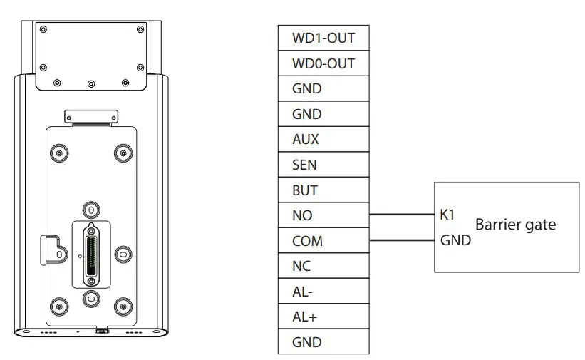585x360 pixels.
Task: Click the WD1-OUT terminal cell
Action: pyautogui.click(x=323, y=38)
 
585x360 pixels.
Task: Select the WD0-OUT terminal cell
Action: pyautogui.click(x=323, y=63)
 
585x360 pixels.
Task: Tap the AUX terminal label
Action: pyautogui.click(x=306, y=140)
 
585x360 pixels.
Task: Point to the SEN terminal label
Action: pyautogui.click(x=305, y=165)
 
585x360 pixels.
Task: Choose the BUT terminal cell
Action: pyautogui.click(x=323, y=190)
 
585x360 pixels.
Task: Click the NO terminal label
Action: pyautogui.click(x=302, y=215)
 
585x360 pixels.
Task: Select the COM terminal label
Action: pyautogui.click(x=307, y=241)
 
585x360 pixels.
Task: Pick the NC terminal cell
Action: pyautogui.click(x=323, y=266)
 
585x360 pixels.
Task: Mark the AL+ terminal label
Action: pyautogui.click(x=305, y=317)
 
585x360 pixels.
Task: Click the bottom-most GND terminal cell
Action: pyautogui.click(x=323, y=342)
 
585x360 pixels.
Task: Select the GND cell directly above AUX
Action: pyautogui.click(x=323, y=114)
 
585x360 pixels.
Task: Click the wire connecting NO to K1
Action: pyautogui.click(x=402, y=214)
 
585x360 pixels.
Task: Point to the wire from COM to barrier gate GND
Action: pyautogui.click(x=402, y=240)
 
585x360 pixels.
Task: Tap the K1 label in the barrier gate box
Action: pyautogui.click(x=447, y=214)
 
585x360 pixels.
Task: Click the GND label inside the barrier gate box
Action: pyautogui.click(x=455, y=240)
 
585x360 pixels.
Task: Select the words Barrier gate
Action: pyautogui.click(x=515, y=225)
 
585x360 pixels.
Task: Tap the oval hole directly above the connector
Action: pyautogui.click(x=91, y=210)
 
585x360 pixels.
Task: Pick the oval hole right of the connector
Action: pyautogui.click(x=123, y=254)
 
